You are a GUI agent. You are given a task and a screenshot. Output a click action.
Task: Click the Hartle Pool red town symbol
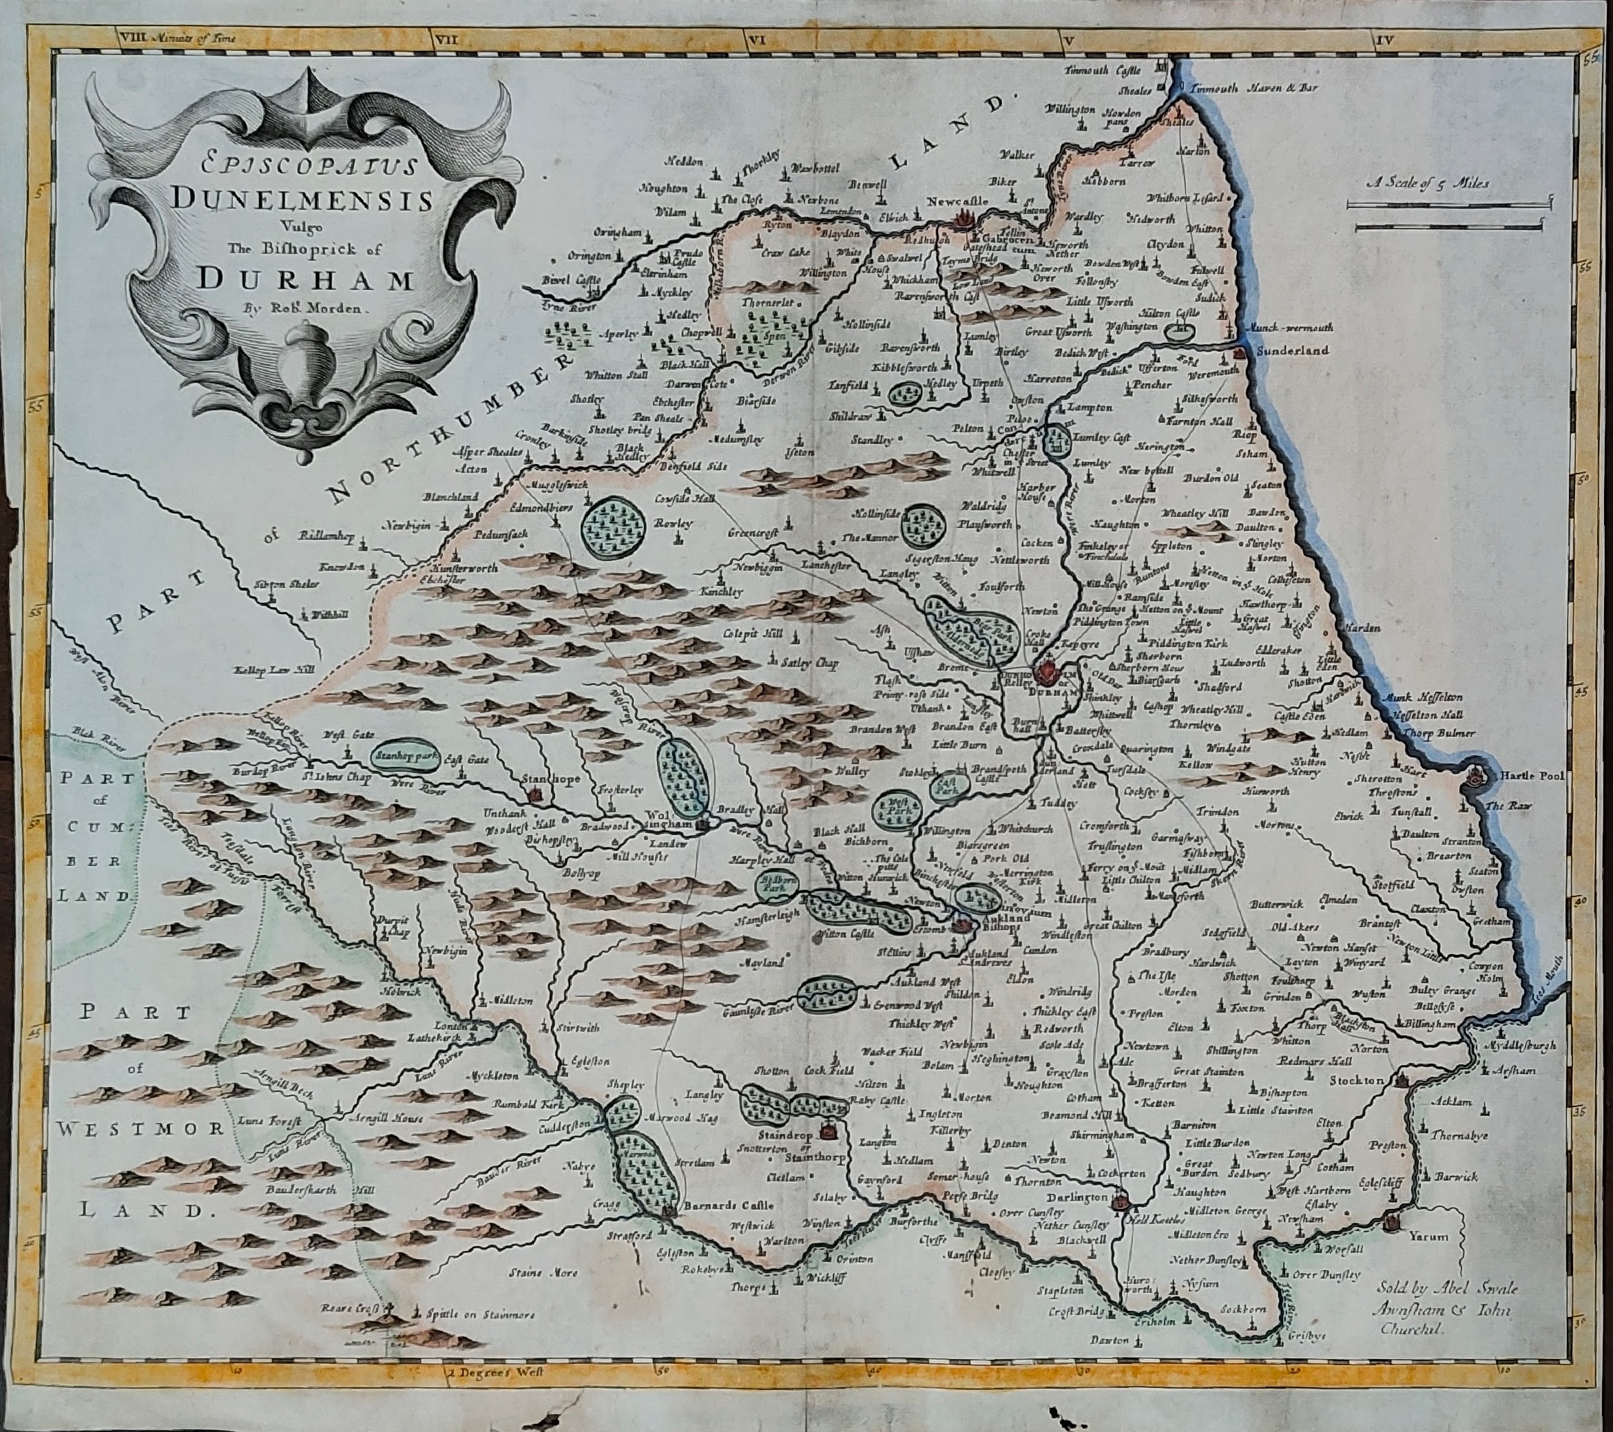pos(1472,777)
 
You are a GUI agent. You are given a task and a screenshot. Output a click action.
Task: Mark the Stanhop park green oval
pos(406,755)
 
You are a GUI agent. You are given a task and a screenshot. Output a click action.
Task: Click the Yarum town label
pos(1428,1236)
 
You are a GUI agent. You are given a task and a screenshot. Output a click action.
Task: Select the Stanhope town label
pos(552,779)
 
